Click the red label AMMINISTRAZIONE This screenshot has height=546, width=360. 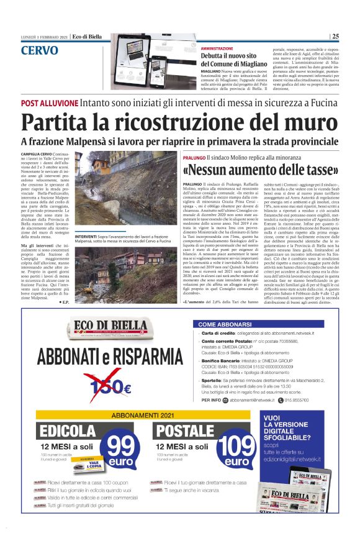(217, 48)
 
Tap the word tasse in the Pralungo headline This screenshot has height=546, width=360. (317, 170)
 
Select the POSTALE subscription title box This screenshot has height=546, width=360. (187, 431)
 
